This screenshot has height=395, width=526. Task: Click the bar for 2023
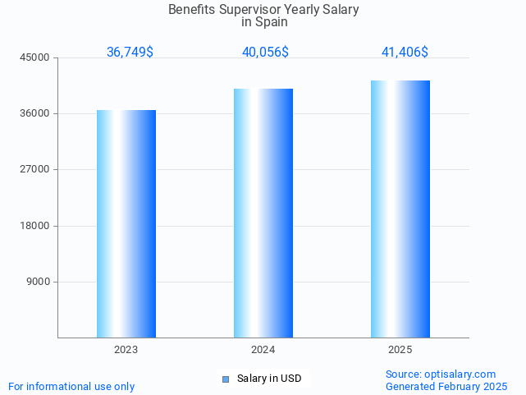click(126, 223)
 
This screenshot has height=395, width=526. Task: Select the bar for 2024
click(263, 213)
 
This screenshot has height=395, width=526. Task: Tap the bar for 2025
click(400, 209)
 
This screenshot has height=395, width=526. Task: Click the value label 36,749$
click(130, 53)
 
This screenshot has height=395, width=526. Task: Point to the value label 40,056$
click(265, 53)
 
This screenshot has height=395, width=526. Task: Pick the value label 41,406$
click(405, 53)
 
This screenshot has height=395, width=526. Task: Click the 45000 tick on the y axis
click(36, 57)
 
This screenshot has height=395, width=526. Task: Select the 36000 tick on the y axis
click(36, 113)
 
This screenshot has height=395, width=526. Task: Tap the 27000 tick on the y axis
click(36, 169)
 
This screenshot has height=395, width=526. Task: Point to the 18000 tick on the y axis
click(36, 226)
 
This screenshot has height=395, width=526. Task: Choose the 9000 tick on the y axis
click(39, 282)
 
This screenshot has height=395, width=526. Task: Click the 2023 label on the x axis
click(126, 350)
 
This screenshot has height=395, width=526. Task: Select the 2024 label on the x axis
click(263, 350)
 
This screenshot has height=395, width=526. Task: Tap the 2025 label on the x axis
click(400, 350)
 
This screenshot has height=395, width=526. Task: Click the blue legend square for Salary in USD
click(226, 379)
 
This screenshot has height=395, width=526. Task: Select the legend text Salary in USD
click(269, 379)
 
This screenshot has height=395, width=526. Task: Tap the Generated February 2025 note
click(446, 386)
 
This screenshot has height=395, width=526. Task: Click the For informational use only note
click(71, 386)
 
